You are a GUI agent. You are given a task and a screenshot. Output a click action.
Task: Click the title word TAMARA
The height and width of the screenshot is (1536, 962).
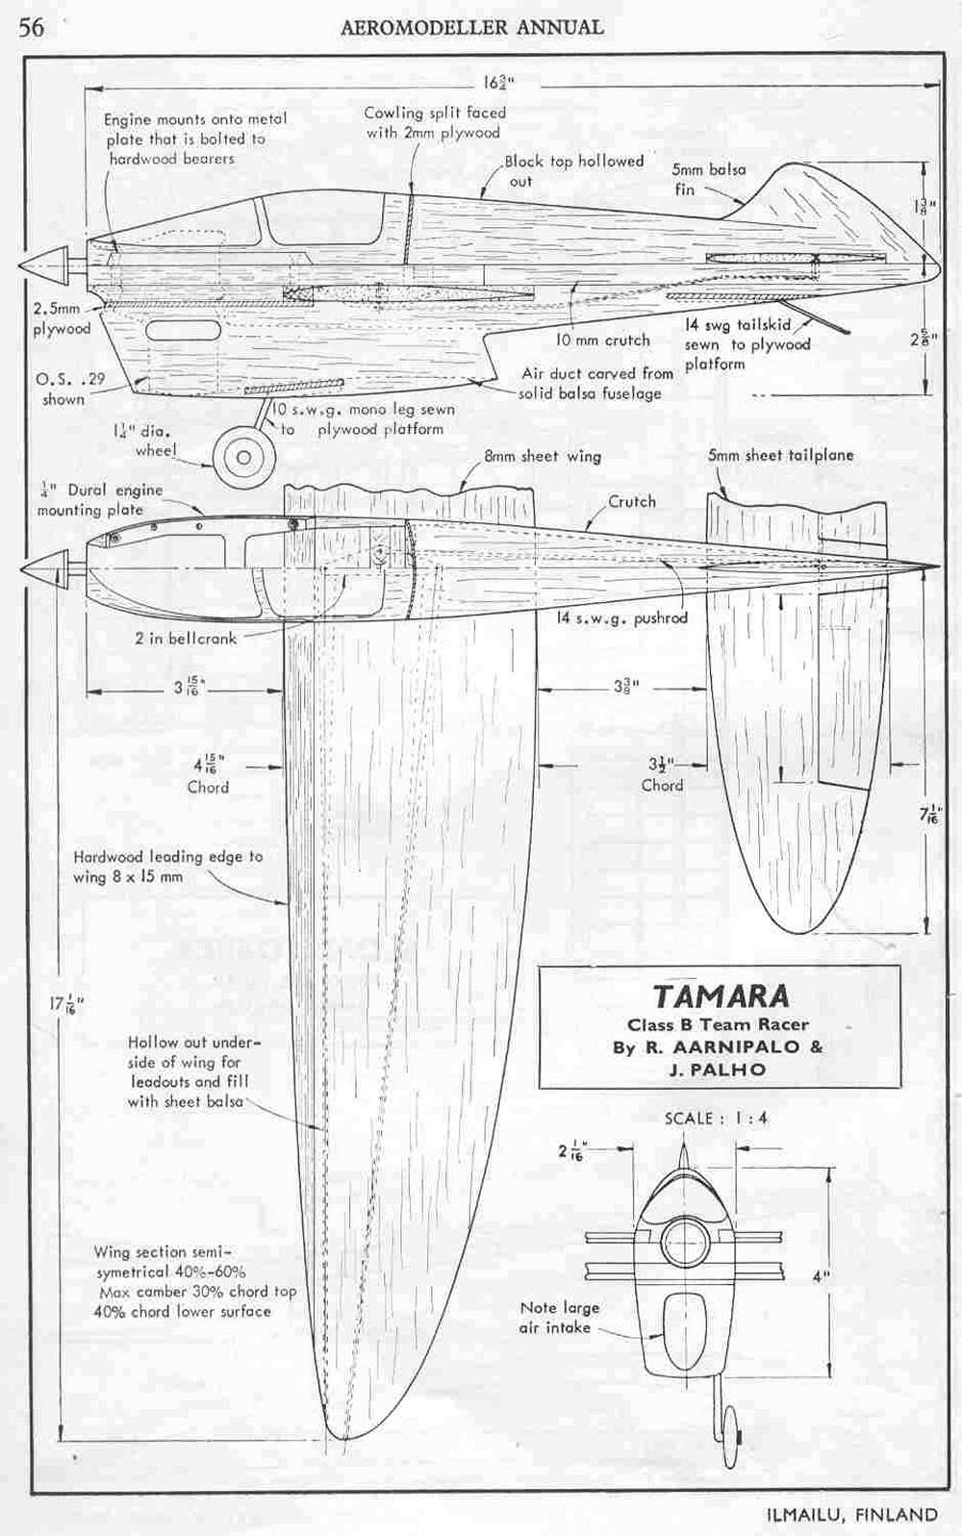[721, 995]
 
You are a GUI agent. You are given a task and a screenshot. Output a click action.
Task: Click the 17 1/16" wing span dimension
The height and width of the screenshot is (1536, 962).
[66, 1005]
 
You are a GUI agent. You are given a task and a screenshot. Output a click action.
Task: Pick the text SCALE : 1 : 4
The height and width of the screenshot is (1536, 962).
[716, 1118]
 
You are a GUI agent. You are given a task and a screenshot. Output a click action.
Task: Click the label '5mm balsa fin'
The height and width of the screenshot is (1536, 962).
[708, 179]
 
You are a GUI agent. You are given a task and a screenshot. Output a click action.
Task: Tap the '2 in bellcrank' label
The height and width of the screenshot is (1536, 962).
[185, 638]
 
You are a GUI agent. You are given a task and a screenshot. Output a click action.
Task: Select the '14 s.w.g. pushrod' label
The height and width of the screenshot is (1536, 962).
[621, 617]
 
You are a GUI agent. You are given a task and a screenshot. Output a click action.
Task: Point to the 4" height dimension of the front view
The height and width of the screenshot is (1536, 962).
[821, 1277]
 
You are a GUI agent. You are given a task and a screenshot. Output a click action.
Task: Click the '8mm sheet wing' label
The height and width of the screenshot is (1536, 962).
[543, 456]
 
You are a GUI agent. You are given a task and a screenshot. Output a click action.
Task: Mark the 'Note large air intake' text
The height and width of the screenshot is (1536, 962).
[559, 1317]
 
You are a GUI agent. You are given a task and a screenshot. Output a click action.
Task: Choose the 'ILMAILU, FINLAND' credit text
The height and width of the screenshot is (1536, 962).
[850, 1514]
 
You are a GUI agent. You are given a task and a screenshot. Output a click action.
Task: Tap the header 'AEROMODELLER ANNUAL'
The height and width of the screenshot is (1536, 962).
[472, 28]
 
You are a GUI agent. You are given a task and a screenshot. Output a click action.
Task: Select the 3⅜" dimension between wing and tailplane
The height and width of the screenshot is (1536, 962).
[626, 687]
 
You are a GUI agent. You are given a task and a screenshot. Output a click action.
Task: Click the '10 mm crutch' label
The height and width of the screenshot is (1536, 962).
[603, 340]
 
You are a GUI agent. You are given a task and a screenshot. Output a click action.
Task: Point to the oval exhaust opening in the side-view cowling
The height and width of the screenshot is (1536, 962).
[183, 331]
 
